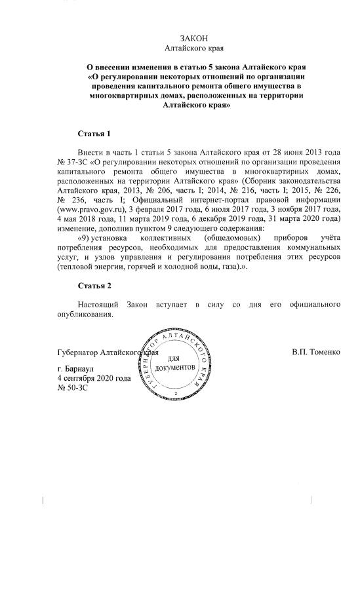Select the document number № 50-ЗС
[73, 388]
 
